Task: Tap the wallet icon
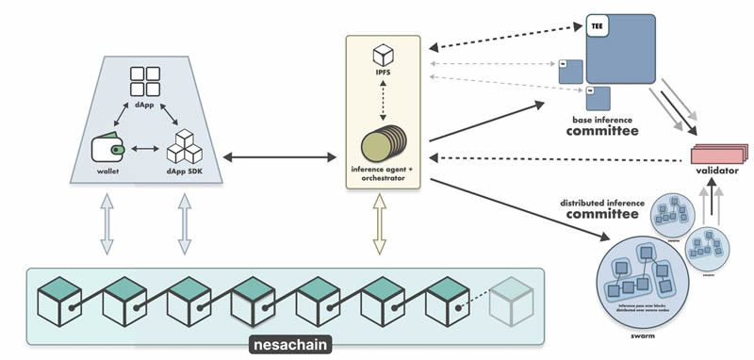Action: [x=107, y=149]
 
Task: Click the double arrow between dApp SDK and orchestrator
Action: [x=278, y=154]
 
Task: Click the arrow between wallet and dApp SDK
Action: [x=146, y=149]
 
